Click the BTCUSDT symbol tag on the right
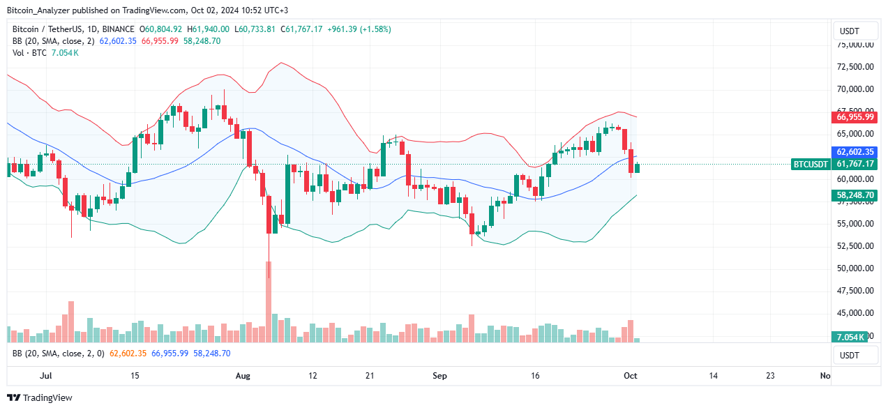(x=811, y=165)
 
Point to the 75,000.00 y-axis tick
(x=855, y=45)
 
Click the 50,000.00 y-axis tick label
(x=855, y=268)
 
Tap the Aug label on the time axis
(x=243, y=376)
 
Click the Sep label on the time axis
(x=439, y=376)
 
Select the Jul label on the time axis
(x=46, y=376)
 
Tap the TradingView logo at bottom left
(x=40, y=397)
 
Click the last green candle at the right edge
(x=637, y=168)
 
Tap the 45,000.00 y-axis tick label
(x=855, y=313)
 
